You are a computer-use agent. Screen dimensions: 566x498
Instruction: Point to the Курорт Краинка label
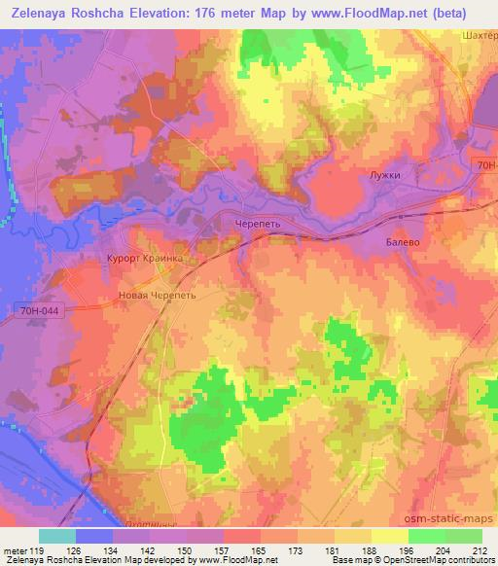(x=144, y=260)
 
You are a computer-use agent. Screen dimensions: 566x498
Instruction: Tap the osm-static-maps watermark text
(x=457, y=517)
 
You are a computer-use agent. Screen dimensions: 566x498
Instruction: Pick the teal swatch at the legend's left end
(x=56, y=536)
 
